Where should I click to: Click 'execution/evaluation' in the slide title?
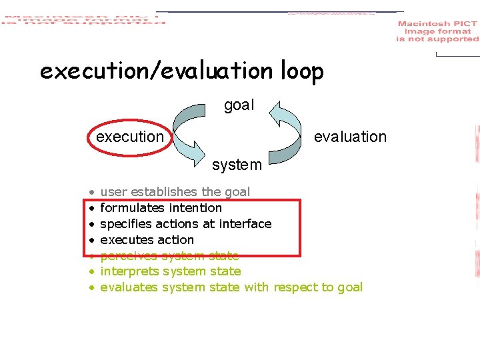pos(156,71)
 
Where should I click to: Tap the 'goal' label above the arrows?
pos(239,105)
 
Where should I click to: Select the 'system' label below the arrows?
pos(237,164)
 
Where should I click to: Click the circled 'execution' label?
pos(130,137)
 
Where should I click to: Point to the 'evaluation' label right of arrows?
pos(350,137)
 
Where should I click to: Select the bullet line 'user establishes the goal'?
pos(175,192)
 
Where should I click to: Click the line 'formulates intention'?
pos(161,208)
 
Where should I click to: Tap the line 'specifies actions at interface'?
pos(185,224)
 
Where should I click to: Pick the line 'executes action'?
pos(147,240)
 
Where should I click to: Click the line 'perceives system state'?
pos(169,255)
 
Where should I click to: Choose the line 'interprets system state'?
pos(170,271)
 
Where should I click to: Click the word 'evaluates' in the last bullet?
pos(129,287)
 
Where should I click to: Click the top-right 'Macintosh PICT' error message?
pos(437,31)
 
